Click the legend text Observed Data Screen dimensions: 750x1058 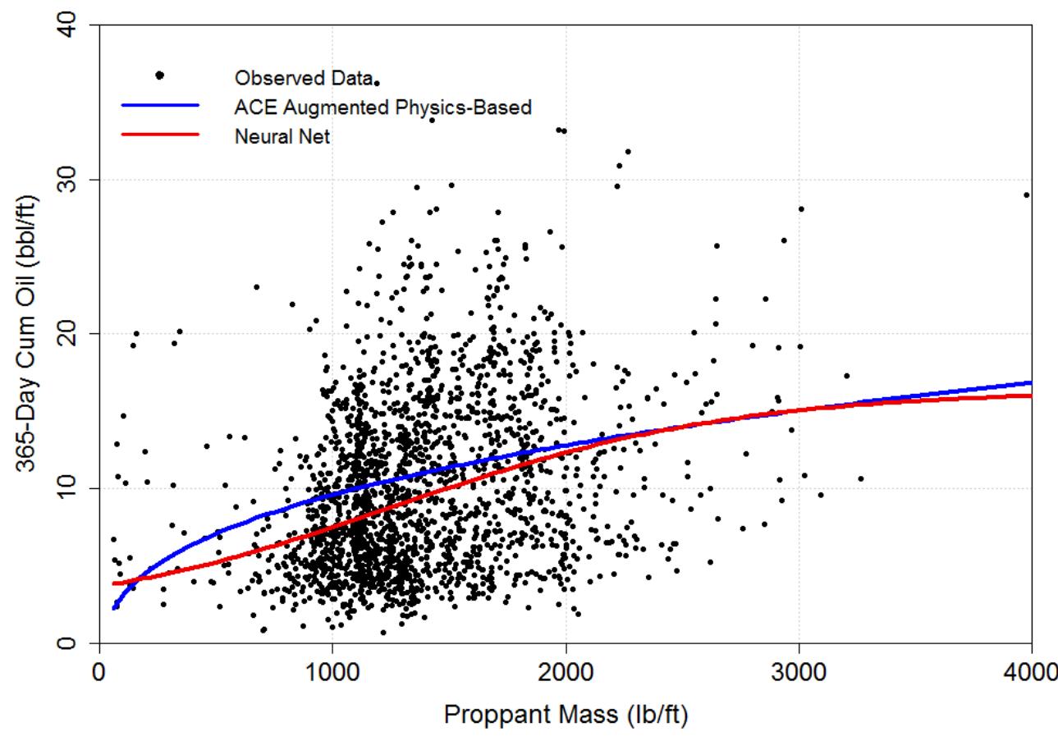303,78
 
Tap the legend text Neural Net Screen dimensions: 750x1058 282,136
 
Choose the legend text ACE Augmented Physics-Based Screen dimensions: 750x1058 382,107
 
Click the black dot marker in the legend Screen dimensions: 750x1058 160,75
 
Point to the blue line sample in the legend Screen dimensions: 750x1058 160,106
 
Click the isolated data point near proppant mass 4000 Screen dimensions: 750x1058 1026,195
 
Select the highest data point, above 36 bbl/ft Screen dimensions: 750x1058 377,84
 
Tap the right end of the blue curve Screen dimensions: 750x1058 1030,383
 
